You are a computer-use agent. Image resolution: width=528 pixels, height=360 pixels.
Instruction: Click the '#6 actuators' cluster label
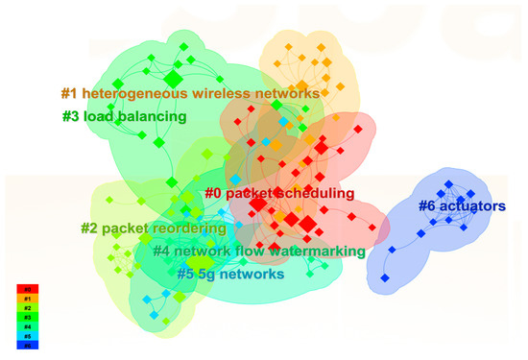(x=462, y=205)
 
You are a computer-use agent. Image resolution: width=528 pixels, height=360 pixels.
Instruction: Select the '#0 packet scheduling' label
(x=279, y=194)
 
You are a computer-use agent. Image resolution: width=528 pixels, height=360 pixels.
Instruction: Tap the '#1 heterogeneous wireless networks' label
(x=188, y=94)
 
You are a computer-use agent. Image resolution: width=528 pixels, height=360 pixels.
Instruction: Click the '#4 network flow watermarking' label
(x=258, y=252)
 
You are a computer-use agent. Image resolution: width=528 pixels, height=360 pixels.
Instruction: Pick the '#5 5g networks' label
(x=230, y=274)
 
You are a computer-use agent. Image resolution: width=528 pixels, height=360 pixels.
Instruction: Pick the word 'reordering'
(x=187, y=229)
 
